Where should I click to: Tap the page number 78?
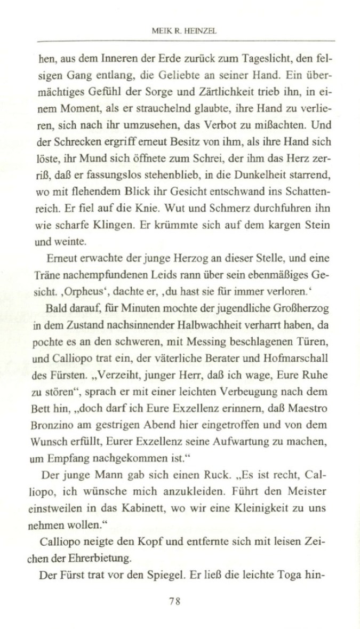pyautogui.click(x=175, y=601)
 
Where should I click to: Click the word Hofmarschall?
pyautogui.click(x=300, y=347)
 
